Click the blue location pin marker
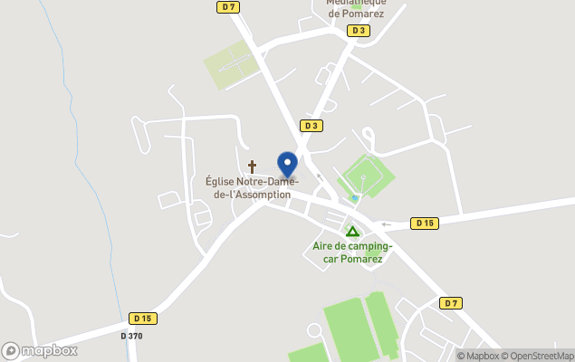[287, 165]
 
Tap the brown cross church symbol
[252, 167]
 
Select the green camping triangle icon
[352, 232]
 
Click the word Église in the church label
[222, 181]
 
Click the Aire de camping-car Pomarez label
[352, 252]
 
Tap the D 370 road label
[131, 336]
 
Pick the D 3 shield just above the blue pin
[311, 126]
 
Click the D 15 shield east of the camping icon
[424, 223]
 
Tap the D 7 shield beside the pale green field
[228, 7]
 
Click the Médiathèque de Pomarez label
[356, 8]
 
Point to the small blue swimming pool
[356, 198]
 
